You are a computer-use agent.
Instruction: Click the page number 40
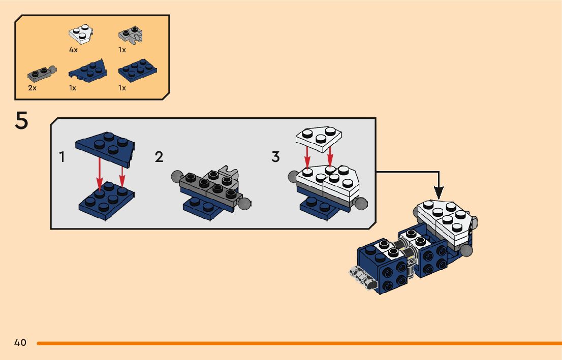pyautogui.click(x=20, y=343)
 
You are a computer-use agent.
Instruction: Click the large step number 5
pyautogui.click(x=21, y=122)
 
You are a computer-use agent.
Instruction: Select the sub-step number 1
pyautogui.click(x=62, y=157)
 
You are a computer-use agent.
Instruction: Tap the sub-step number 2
pyautogui.click(x=159, y=157)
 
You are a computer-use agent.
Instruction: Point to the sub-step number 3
pyautogui.click(x=275, y=157)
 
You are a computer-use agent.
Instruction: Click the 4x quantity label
pyautogui.click(x=74, y=50)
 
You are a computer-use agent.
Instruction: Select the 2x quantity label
pyautogui.click(x=32, y=88)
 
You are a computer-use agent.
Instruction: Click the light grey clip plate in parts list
pyautogui.click(x=131, y=34)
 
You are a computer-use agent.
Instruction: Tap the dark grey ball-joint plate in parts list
pyautogui.click(x=41, y=74)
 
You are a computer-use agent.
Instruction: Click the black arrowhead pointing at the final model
pyautogui.click(x=438, y=192)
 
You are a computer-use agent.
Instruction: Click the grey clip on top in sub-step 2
pyautogui.click(x=229, y=171)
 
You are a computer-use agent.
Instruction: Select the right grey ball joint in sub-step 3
pyautogui.click(x=361, y=204)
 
